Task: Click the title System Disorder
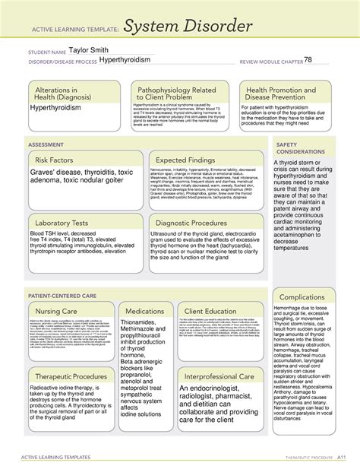[x=194, y=28]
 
